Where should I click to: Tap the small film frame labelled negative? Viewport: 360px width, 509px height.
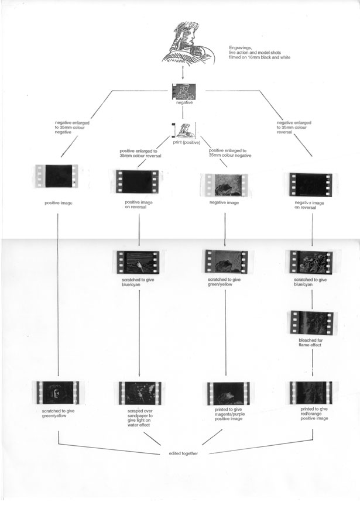click(x=184, y=91)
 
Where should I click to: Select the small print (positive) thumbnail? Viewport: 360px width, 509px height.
click(x=184, y=129)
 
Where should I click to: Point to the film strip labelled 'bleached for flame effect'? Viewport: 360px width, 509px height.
click(x=311, y=322)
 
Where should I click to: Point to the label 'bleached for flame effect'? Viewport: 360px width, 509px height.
click(x=311, y=343)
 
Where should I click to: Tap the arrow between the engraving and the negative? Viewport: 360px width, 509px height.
click(x=184, y=73)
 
